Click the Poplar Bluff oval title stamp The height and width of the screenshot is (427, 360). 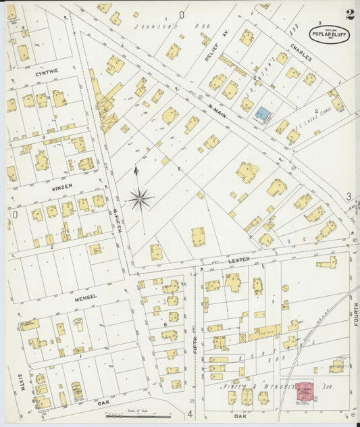point(330,34)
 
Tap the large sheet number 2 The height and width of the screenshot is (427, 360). point(349,15)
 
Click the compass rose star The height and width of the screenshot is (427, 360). point(140,198)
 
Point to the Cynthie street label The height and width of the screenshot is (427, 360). point(47,71)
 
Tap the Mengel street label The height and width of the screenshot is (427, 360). point(86,297)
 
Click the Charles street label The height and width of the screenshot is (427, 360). point(302,53)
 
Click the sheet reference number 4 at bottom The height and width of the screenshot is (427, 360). point(190,413)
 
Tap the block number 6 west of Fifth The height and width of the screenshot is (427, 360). point(165,325)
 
